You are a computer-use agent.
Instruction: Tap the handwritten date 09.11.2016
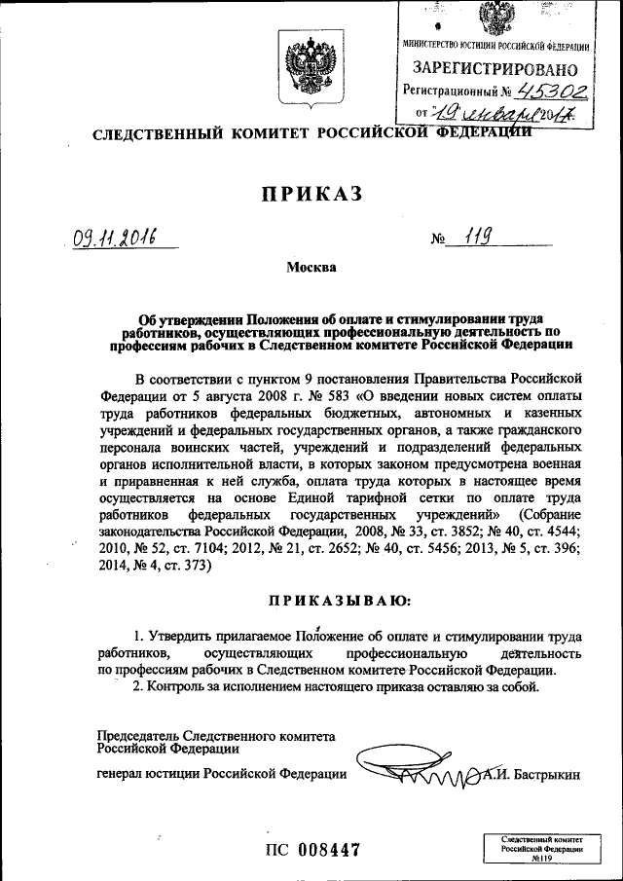[x=115, y=237]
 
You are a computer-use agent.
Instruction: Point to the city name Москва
[x=311, y=268]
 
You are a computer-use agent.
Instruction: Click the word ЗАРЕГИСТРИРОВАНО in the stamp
[x=495, y=69]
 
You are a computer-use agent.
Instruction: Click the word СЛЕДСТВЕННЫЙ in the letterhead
[x=145, y=133]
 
